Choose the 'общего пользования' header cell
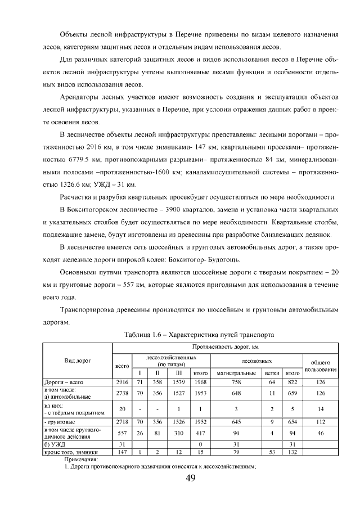pos(320,366)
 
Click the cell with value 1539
pos(179,381)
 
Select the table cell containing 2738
pos(122,393)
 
